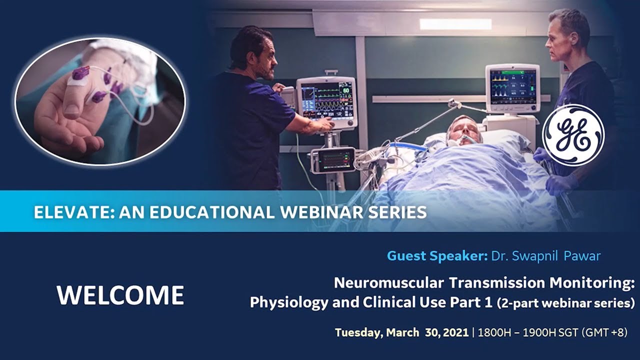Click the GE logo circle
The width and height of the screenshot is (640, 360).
pyautogui.click(x=573, y=135)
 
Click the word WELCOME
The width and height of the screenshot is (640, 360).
pyautogui.click(x=120, y=295)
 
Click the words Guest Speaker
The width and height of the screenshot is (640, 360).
pyautogui.click(x=436, y=256)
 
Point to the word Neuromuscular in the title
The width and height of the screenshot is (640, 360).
pyautogui.click(x=388, y=283)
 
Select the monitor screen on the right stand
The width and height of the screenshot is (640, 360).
pyautogui.click(x=512, y=86)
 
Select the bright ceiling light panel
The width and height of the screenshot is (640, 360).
pyautogui.click(x=455, y=24)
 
